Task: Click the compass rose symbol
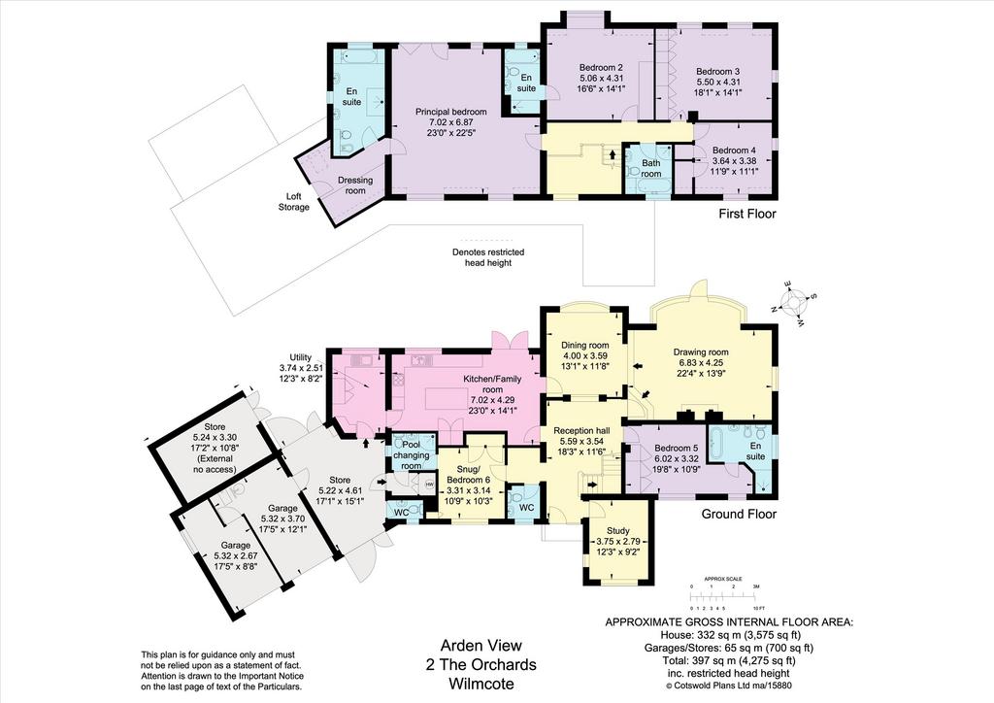click(792, 302)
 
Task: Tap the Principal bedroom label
click(450, 112)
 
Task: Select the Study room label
click(618, 530)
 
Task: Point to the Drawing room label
click(701, 351)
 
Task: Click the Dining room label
click(585, 345)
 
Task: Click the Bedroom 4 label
click(734, 151)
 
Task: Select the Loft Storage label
click(298, 202)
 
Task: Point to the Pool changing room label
click(412, 455)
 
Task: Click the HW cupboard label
click(429, 485)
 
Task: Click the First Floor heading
click(747, 214)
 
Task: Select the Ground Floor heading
click(739, 514)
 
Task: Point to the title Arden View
click(481, 646)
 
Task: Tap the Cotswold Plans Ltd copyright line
click(729, 686)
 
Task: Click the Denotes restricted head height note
click(488, 257)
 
